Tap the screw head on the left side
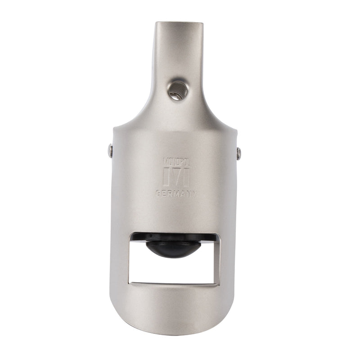pyautogui.click(x=110, y=151)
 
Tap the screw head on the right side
pyautogui.click(x=239, y=153)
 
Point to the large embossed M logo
pyautogui.click(x=176, y=177)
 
